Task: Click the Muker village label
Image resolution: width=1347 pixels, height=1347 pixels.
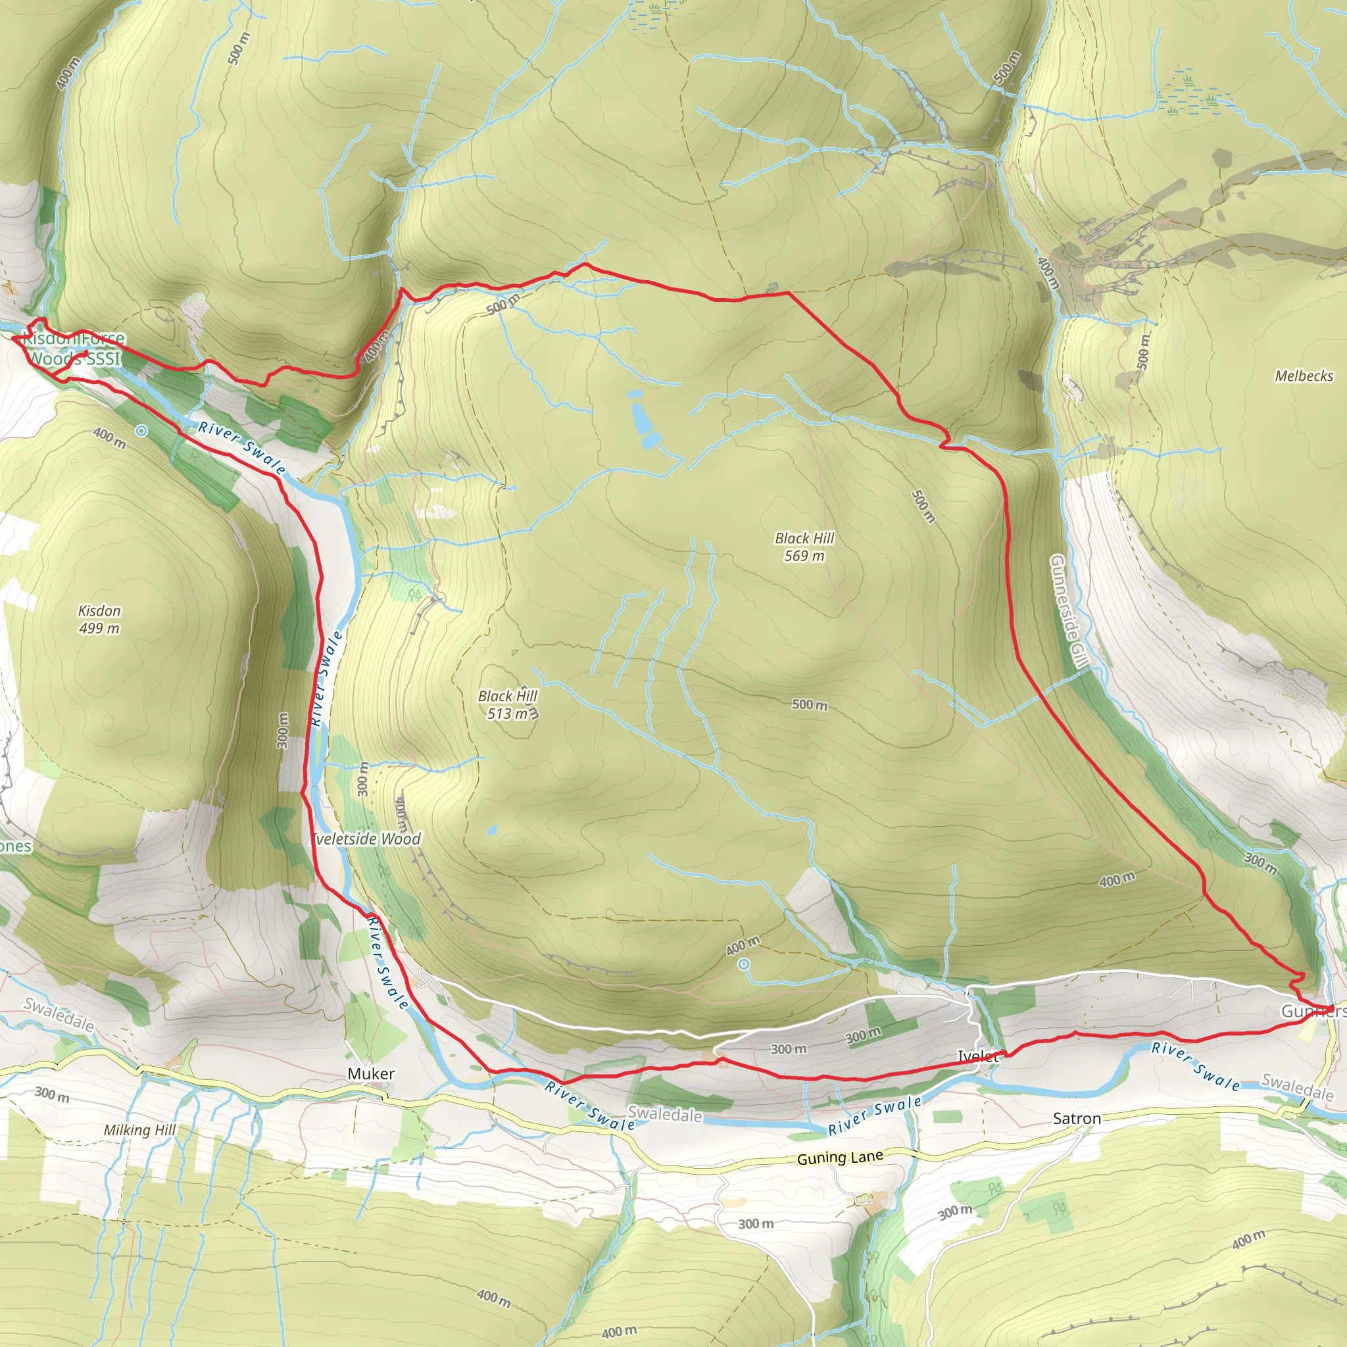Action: click(371, 1073)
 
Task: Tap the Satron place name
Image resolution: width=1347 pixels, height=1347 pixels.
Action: click(1077, 1118)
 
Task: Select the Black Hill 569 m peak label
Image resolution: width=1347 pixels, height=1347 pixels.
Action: click(804, 547)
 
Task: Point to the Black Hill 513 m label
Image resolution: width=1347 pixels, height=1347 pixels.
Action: click(508, 705)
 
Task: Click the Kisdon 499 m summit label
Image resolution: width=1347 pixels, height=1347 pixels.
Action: click(99, 619)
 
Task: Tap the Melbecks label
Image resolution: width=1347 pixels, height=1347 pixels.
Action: click(1304, 376)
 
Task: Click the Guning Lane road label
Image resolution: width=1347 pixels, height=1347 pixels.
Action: click(839, 1158)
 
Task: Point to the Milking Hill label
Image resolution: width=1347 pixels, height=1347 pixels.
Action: click(139, 1129)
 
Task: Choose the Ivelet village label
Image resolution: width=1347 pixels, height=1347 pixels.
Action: click(977, 1056)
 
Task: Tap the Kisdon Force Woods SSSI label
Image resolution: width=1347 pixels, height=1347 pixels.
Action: click(74, 349)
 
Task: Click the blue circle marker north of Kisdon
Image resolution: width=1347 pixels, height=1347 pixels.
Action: click(141, 431)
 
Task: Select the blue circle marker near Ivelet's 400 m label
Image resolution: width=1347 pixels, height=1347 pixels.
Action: click(744, 964)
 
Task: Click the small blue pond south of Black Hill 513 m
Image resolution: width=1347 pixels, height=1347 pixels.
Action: click(492, 831)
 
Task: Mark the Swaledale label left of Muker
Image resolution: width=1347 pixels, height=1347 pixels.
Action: click(59, 1014)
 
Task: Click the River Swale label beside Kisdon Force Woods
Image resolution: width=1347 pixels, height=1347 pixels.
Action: click(242, 447)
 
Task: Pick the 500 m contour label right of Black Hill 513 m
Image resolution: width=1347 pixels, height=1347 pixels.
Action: click(810, 705)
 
